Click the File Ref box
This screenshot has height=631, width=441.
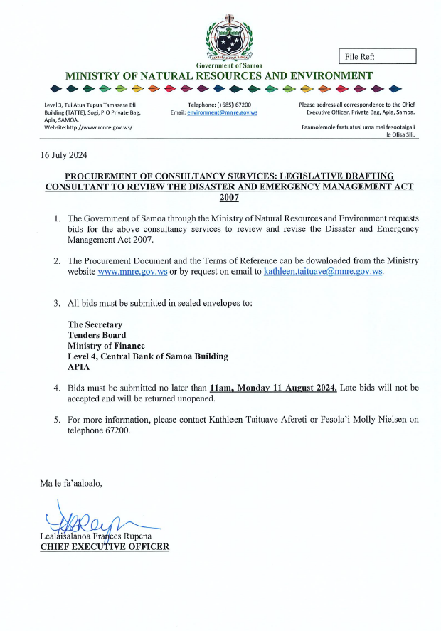[x=376, y=57]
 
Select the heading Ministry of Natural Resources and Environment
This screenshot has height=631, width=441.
[x=218, y=75]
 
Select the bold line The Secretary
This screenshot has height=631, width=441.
[x=95, y=324]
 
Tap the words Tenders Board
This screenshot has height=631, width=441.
[x=97, y=335]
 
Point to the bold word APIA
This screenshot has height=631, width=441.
[x=78, y=367]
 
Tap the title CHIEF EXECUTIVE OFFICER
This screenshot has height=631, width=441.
[x=105, y=546]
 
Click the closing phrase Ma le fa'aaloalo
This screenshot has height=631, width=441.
[x=71, y=484]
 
